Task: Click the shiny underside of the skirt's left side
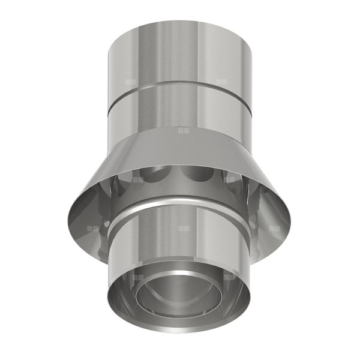(90, 207)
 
